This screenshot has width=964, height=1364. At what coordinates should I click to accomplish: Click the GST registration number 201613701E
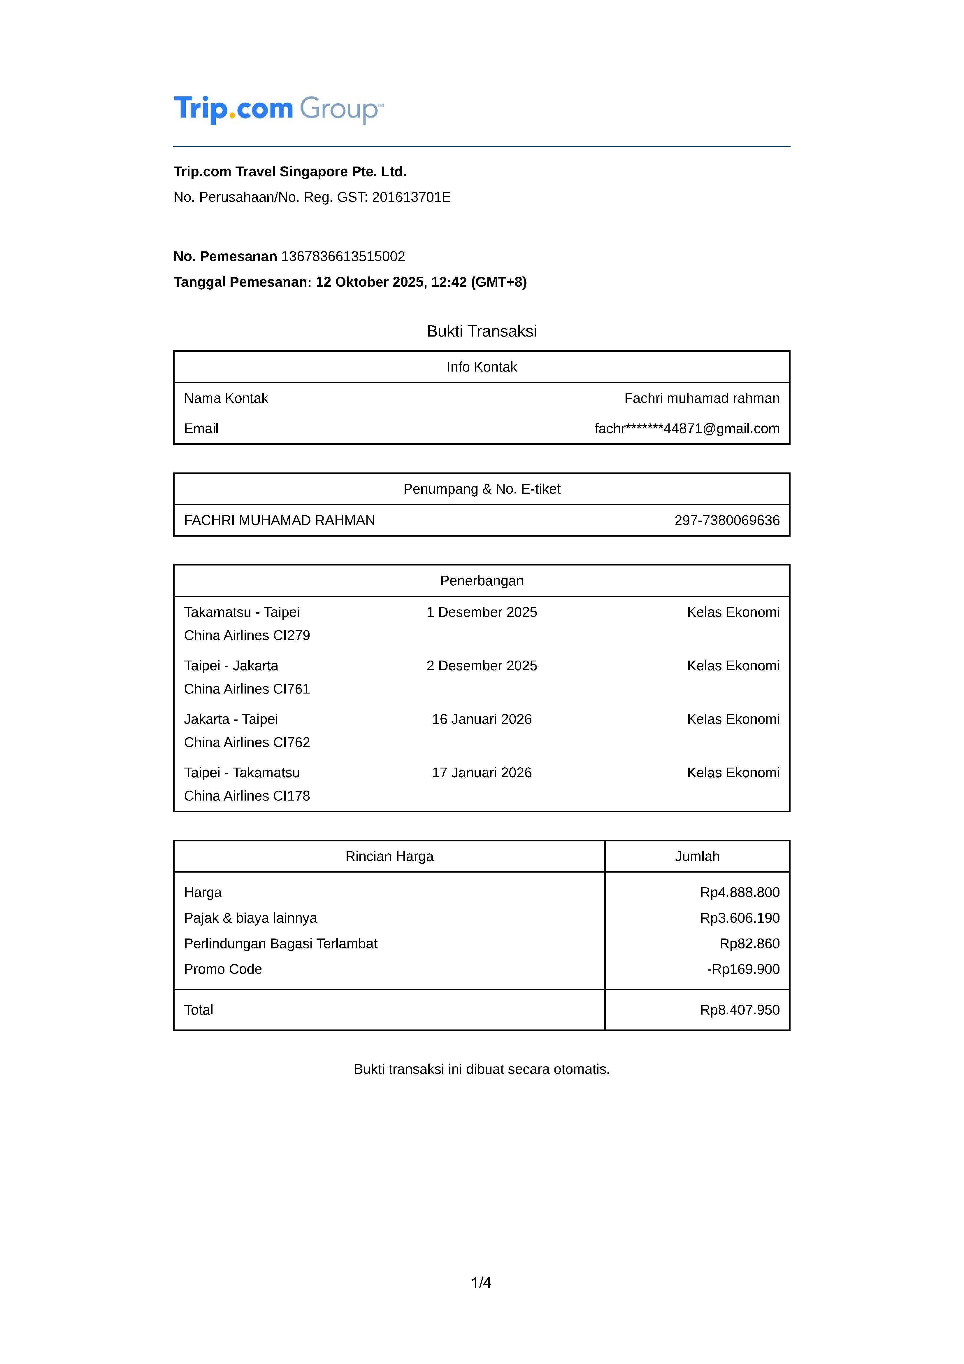point(411,197)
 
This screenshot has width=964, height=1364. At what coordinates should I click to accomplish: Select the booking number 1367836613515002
point(343,257)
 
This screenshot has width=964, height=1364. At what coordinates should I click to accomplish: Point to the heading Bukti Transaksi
point(482,331)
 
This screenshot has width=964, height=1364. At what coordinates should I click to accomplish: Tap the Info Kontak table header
point(482,367)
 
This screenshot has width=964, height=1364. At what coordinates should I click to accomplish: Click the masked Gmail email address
point(686,428)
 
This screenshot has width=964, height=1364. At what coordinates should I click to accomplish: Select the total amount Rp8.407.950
point(740,1010)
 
